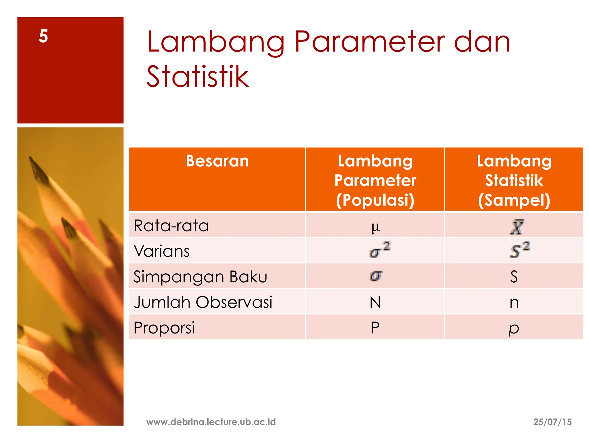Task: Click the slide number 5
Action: [x=43, y=36]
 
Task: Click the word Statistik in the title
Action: [x=198, y=77]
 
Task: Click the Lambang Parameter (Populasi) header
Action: [x=375, y=180]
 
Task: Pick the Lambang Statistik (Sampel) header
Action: [x=514, y=180]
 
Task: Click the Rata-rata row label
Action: [x=171, y=226]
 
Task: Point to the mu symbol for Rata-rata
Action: [x=375, y=227]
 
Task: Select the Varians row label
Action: [x=162, y=251]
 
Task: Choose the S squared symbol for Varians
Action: [x=520, y=250]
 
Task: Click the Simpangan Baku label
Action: [x=200, y=277]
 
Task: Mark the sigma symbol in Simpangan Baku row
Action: [x=376, y=276]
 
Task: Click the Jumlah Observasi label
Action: [x=203, y=302]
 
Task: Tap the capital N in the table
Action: [x=375, y=302]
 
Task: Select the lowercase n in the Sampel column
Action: [x=514, y=303]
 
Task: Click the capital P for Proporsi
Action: [x=375, y=328]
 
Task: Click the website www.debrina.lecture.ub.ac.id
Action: [x=211, y=422]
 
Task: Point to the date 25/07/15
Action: [x=552, y=422]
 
